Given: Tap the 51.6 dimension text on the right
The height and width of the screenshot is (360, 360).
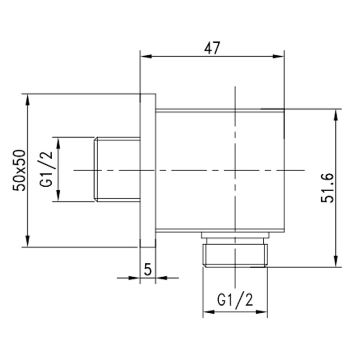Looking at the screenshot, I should click(327, 188).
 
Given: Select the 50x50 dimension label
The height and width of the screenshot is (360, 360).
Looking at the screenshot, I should click(21, 171).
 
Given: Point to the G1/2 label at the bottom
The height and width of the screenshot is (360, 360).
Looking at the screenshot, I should click(235, 299).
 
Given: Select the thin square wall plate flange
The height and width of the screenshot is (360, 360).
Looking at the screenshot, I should click(148, 171).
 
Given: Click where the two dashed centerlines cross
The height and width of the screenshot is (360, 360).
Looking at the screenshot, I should click(235, 170).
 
